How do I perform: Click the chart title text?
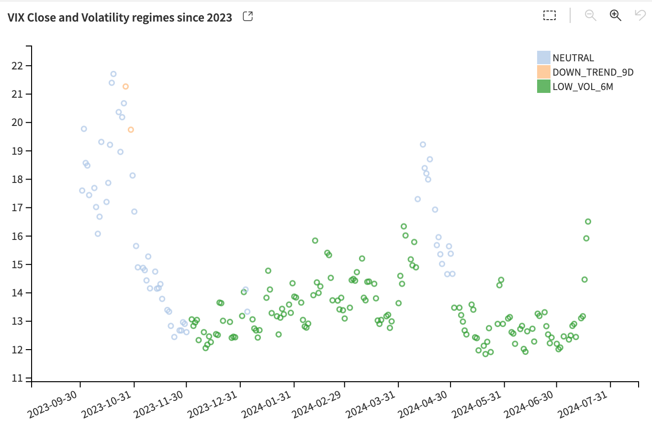tap(120, 18)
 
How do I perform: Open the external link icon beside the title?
tap(248, 16)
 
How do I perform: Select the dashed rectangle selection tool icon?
tap(550, 15)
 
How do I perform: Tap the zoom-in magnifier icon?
tap(615, 15)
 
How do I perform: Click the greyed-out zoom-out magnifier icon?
tap(590, 15)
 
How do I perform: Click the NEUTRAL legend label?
tap(573, 58)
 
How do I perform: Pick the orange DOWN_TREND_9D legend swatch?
tap(543, 72)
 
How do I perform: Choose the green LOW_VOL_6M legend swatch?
tap(543, 86)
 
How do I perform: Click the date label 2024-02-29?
tap(317, 405)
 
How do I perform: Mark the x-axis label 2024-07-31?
tap(583, 405)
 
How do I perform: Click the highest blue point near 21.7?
tap(113, 74)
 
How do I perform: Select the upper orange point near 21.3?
tap(125, 87)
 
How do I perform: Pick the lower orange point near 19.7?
tap(131, 130)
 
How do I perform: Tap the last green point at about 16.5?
tap(588, 221)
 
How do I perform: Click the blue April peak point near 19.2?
tap(423, 145)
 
